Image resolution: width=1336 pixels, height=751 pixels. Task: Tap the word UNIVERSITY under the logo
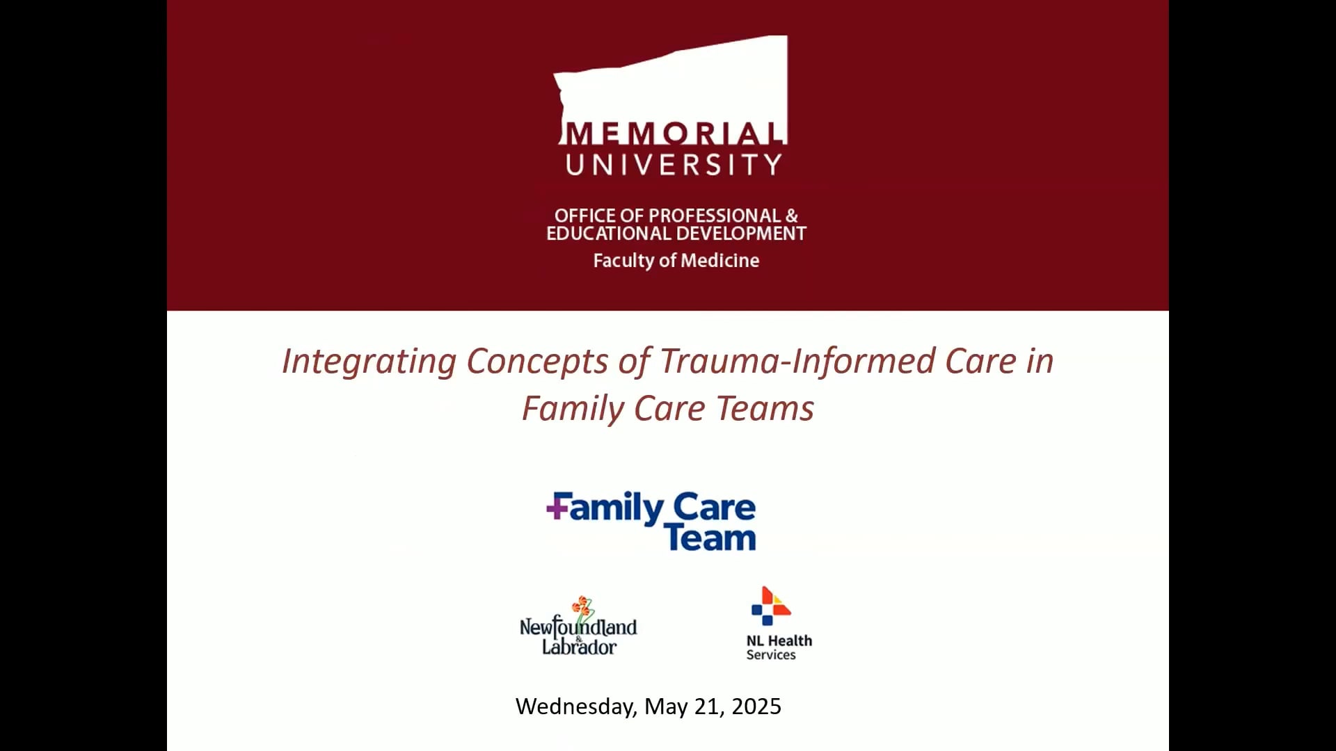click(x=674, y=165)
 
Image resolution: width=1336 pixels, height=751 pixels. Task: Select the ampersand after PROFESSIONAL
click(x=792, y=216)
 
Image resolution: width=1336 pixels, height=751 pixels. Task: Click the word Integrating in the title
click(x=369, y=362)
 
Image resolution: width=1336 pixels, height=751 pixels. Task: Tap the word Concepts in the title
click(x=537, y=362)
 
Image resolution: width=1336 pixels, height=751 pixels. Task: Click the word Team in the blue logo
click(x=710, y=538)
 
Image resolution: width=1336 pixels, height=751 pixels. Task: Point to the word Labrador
click(x=579, y=647)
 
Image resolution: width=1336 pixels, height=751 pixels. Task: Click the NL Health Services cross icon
click(x=771, y=606)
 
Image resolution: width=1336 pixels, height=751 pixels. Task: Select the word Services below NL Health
click(x=771, y=655)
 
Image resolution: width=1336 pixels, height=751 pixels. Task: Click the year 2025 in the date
click(x=756, y=706)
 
